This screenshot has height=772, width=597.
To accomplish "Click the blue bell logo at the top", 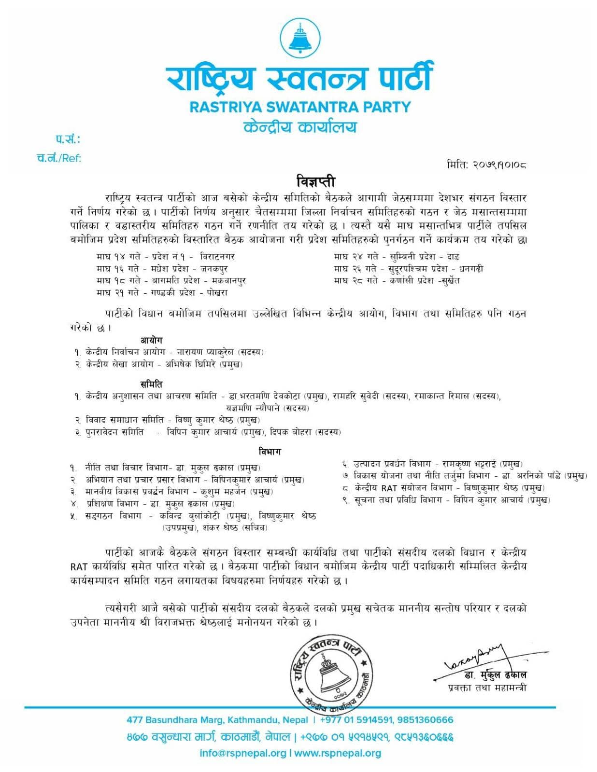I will tap(300, 38).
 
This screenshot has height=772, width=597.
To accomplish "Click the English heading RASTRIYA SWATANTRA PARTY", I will tap(300, 107).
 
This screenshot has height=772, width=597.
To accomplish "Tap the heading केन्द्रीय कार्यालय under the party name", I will tap(300, 127).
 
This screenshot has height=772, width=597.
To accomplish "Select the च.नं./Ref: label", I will tap(59, 158).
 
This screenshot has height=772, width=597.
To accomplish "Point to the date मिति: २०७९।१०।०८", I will tap(486, 165).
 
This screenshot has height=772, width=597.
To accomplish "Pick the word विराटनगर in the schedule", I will tap(217, 257).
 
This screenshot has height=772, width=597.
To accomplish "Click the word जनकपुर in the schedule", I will tap(214, 269).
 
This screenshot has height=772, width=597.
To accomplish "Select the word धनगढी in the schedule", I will tap(471, 269).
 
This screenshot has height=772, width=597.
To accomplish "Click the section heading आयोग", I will tap(151, 340).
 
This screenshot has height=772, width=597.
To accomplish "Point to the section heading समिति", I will tap(151, 384).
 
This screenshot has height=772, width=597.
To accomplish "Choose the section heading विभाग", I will tap(270, 452).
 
